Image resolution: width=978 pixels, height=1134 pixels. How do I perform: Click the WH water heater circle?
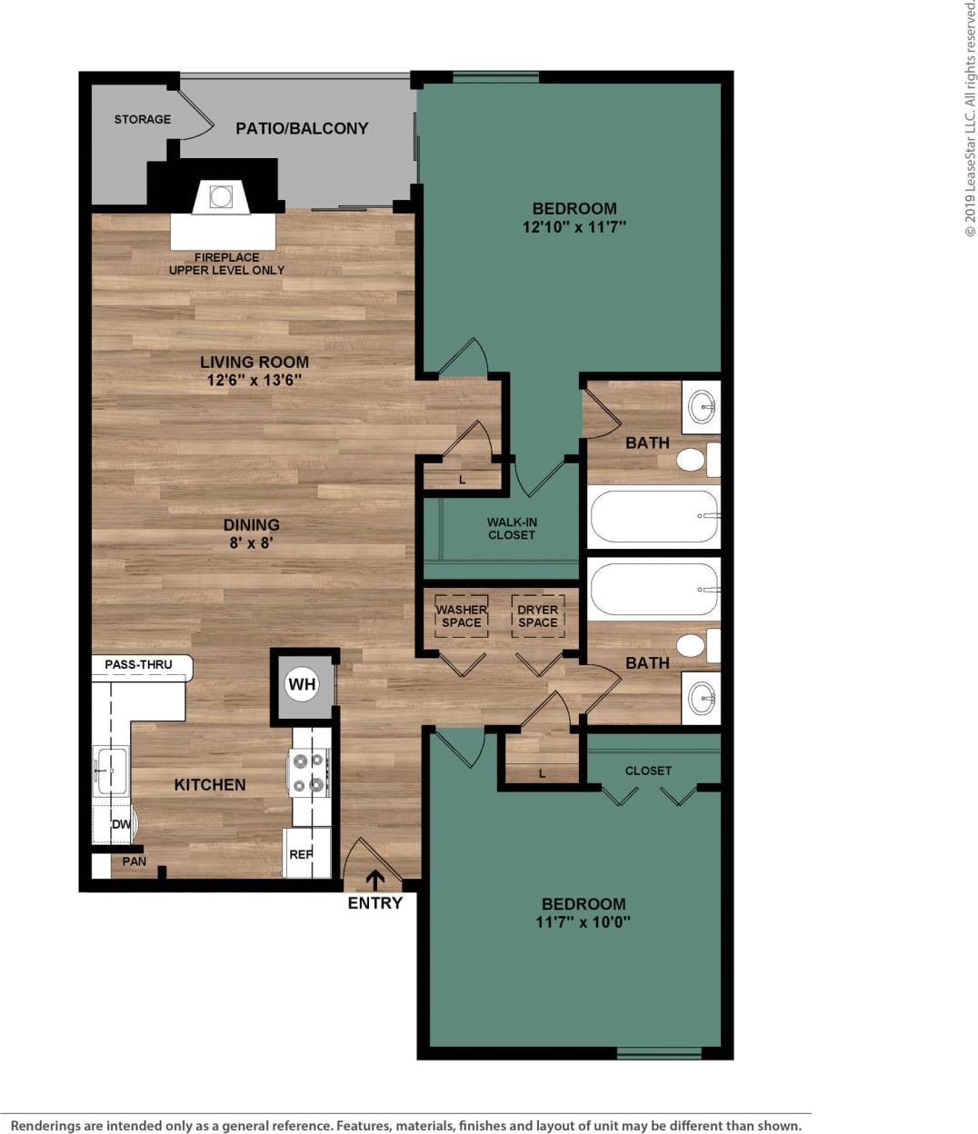coord(302,684)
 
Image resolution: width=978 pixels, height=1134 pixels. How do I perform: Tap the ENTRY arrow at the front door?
coord(374,880)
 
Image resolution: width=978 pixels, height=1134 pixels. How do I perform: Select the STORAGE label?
coord(142,119)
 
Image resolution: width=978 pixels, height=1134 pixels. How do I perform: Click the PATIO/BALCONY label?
coord(302,128)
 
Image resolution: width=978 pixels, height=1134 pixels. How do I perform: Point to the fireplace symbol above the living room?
coord(221,196)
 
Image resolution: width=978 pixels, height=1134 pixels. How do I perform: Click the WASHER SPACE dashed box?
coord(461,616)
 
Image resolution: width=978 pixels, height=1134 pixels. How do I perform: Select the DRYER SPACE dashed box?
coord(537,616)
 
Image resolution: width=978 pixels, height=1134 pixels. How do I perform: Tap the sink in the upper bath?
coord(702,406)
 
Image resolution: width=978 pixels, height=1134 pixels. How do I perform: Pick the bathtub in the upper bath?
coord(654,516)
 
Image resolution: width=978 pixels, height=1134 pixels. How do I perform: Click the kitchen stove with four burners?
coord(309,772)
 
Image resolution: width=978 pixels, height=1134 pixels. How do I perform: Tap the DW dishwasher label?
coord(120,824)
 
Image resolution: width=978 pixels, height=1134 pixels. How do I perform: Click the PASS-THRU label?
coord(138,664)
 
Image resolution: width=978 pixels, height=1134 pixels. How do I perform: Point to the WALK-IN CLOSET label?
coord(512,529)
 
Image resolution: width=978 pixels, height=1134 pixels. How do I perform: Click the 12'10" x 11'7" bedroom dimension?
coord(574,227)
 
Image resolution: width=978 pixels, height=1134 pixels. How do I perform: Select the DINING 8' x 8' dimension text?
coord(251,543)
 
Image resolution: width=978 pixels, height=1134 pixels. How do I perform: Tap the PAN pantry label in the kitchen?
coord(134,861)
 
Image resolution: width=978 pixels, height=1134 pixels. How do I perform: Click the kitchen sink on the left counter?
coord(110,771)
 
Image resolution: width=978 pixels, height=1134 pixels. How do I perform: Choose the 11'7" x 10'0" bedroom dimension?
coord(583,922)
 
